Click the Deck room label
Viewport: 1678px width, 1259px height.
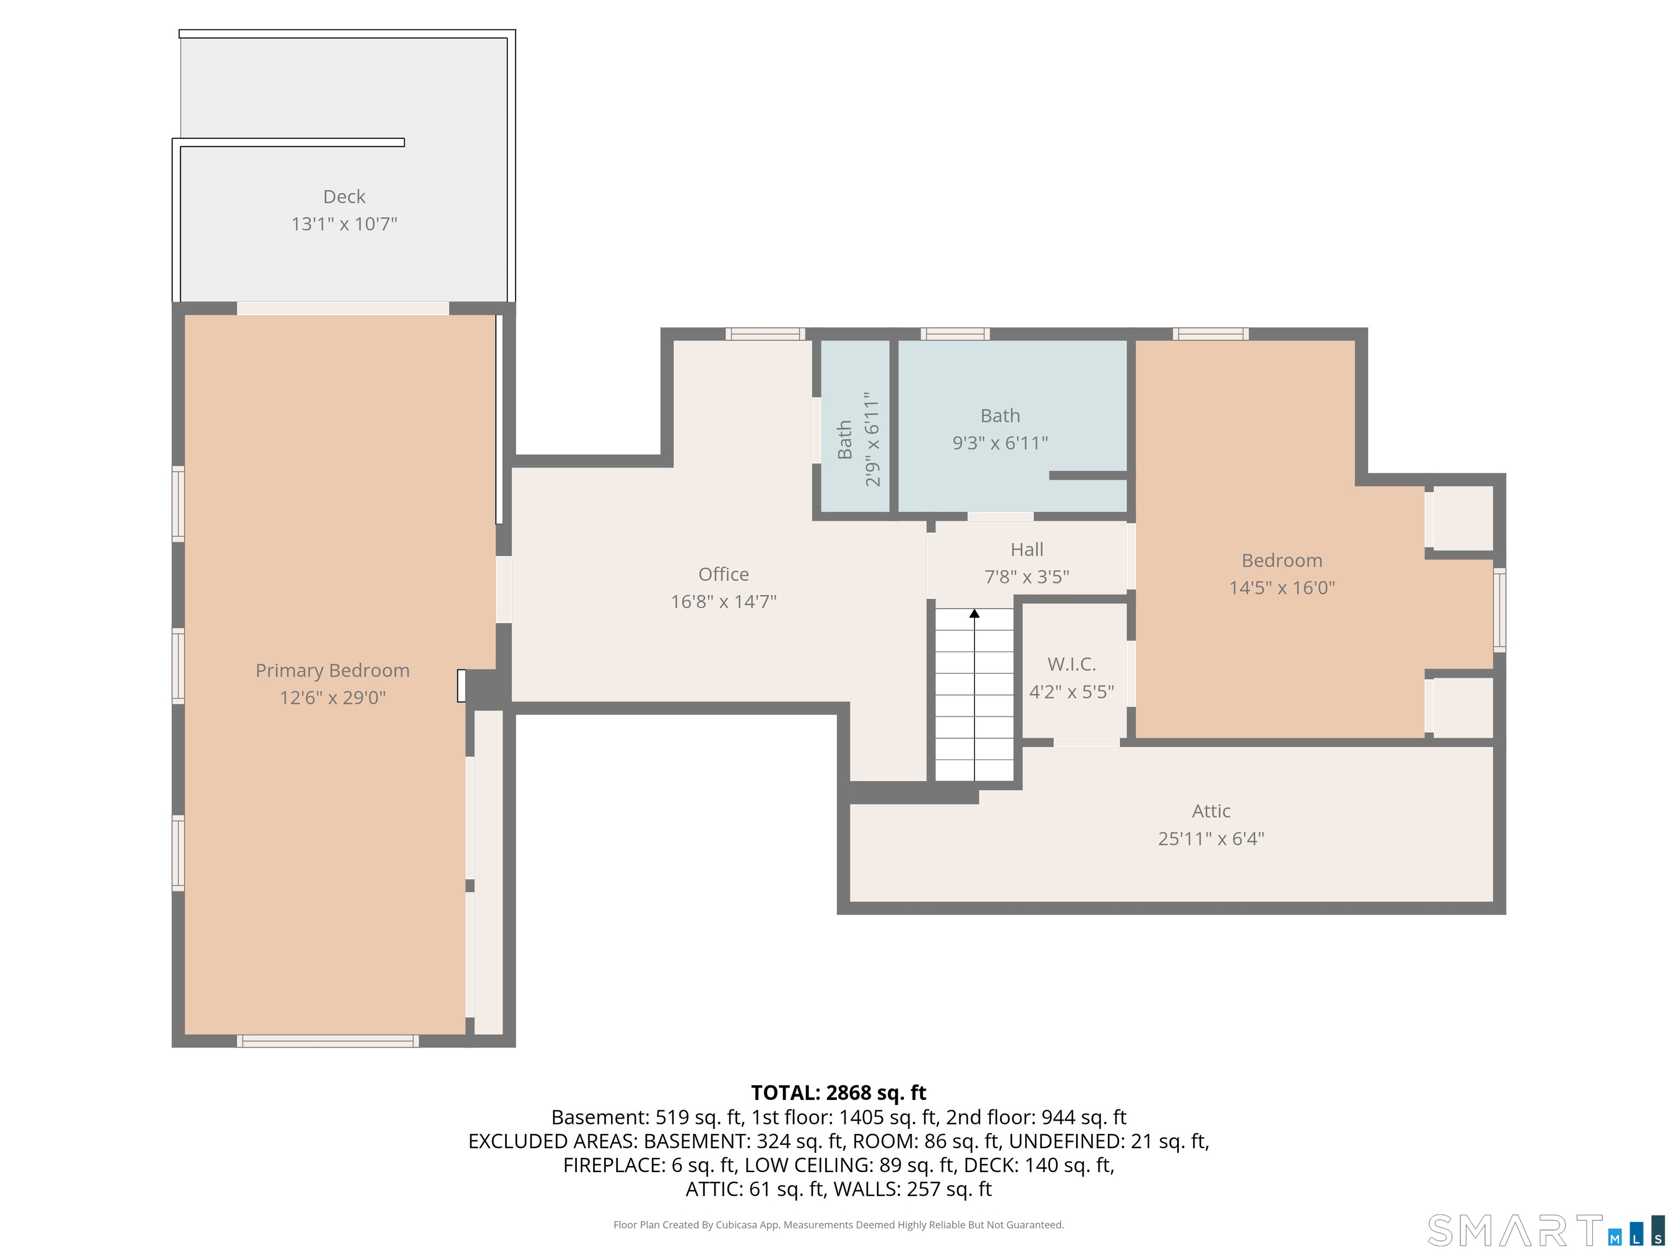coord(345,197)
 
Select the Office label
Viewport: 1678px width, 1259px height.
coord(724,574)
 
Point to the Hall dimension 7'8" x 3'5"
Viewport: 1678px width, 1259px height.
coord(1027,576)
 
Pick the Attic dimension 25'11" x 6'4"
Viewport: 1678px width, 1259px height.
coord(1212,839)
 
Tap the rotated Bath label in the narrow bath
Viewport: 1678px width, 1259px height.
coord(844,440)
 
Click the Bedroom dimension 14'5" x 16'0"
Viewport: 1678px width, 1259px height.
coord(1282,587)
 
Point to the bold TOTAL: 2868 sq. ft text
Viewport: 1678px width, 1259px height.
coord(838,1093)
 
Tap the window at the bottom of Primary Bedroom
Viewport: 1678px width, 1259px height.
coord(328,1041)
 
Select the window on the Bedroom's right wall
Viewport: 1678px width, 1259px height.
coord(1500,610)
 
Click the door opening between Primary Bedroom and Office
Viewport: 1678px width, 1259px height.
coord(504,590)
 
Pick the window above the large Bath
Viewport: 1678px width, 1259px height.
coord(955,334)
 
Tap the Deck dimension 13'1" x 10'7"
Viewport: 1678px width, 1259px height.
coord(345,224)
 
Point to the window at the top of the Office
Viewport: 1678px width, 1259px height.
coord(765,334)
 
